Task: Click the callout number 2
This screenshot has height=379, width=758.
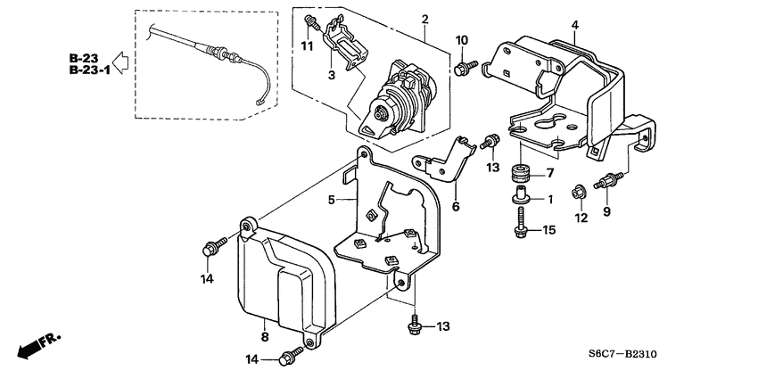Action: (x=424, y=20)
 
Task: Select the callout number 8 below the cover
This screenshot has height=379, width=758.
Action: (x=264, y=336)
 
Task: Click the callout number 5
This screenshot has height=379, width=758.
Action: (x=331, y=199)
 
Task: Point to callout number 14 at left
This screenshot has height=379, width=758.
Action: (x=208, y=278)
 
